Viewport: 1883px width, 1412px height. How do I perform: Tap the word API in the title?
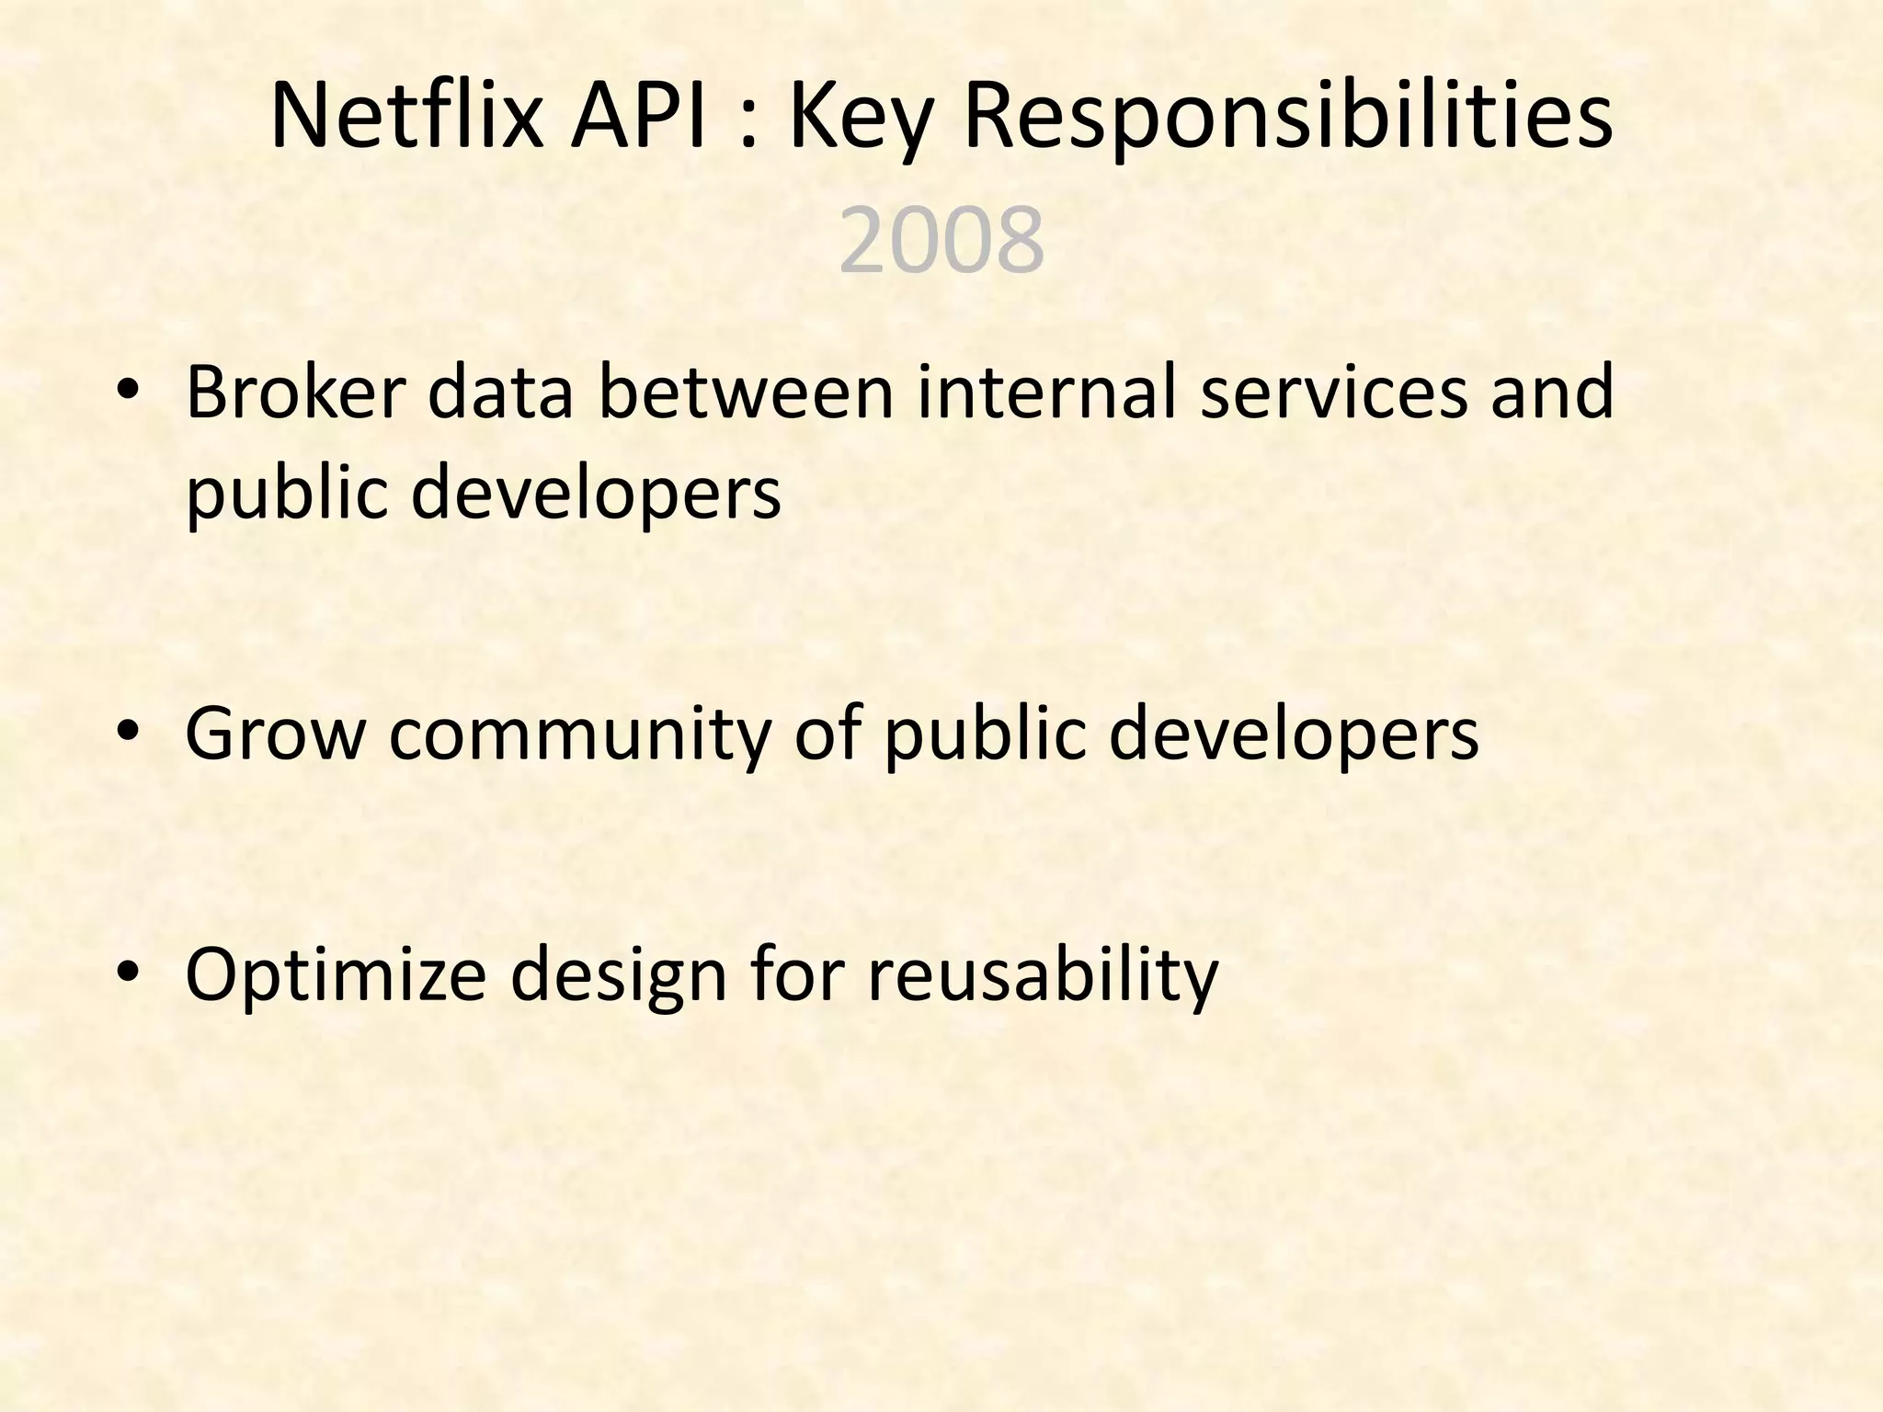[x=641, y=117]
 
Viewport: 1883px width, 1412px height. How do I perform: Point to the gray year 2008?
[x=941, y=241]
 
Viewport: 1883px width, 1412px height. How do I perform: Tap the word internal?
[x=1047, y=393]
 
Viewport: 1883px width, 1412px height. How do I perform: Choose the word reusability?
[x=1043, y=975]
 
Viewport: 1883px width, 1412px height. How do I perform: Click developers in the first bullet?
[x=596, y=494]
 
